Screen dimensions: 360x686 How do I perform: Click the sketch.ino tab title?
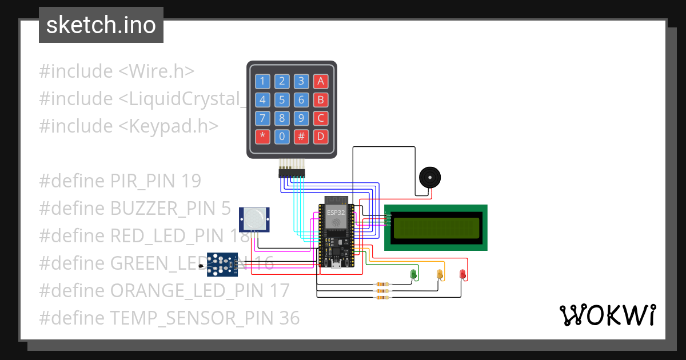[101, 25]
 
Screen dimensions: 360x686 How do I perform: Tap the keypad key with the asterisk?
[262, 137]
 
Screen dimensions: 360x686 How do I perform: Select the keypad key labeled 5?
[282, 100]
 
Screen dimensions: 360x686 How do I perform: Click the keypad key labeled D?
[321, 137]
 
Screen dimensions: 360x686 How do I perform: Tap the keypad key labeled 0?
[282, 137]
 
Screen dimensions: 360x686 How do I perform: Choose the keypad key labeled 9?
[301, 118]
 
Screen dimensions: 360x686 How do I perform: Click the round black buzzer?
[430, 178]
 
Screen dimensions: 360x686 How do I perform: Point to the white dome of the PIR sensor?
[254, 218]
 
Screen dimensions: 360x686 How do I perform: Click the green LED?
[413, 274]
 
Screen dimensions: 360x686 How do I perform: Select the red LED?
[463, 274]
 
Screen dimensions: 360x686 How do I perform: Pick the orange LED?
[440, 274]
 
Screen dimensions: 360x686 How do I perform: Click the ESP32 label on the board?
[336, 212]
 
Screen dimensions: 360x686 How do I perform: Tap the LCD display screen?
[436, 227]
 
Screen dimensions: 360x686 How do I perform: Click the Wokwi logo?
[607, 315]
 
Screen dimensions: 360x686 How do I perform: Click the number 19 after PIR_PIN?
[191, 181]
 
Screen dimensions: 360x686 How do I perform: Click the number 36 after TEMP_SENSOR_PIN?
[289, 318]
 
